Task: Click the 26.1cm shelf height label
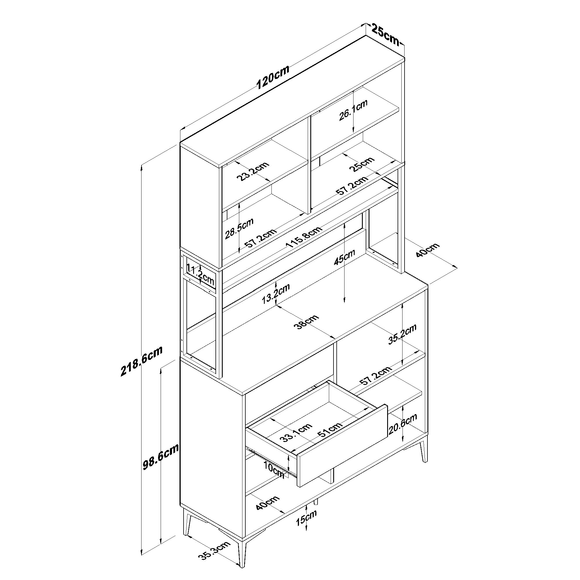353,110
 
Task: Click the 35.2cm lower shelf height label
402,334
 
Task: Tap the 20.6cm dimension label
403,424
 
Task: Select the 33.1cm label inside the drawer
296,433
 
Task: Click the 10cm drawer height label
274,470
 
